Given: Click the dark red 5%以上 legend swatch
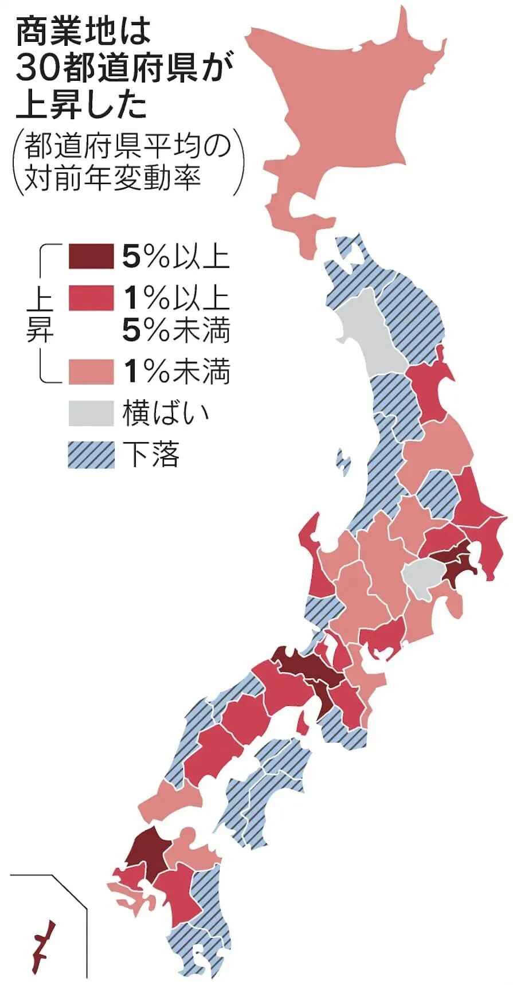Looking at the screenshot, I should click(91, 256).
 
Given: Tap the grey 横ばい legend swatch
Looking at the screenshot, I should click(91, 413).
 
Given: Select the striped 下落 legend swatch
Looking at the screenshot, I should click(91, 455).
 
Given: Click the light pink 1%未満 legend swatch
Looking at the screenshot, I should click(91, 372).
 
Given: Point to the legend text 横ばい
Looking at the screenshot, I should click(166, 413).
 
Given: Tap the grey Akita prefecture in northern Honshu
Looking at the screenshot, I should click(367, 333).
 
